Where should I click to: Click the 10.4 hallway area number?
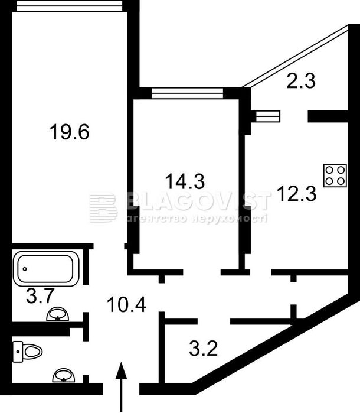126,304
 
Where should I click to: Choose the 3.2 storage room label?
204,346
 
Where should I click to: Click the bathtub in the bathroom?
47,267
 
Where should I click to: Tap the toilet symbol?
28,352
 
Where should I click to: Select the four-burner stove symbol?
335,175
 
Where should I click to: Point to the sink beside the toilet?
63,375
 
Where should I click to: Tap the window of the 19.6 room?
70,5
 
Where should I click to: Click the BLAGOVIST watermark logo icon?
103,208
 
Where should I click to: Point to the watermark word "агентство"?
155,218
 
